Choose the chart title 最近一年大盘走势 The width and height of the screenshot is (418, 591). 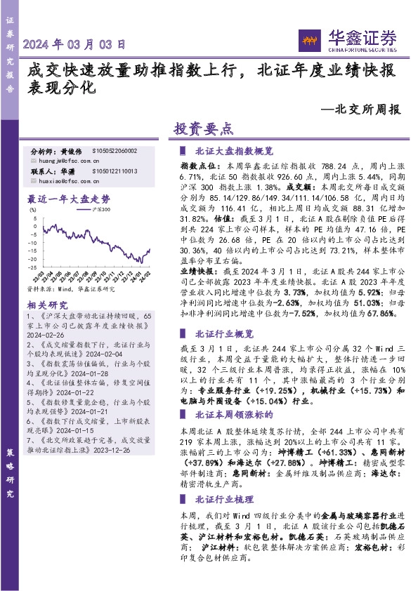[68, 199]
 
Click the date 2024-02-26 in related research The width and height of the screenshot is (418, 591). [46, 336]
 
